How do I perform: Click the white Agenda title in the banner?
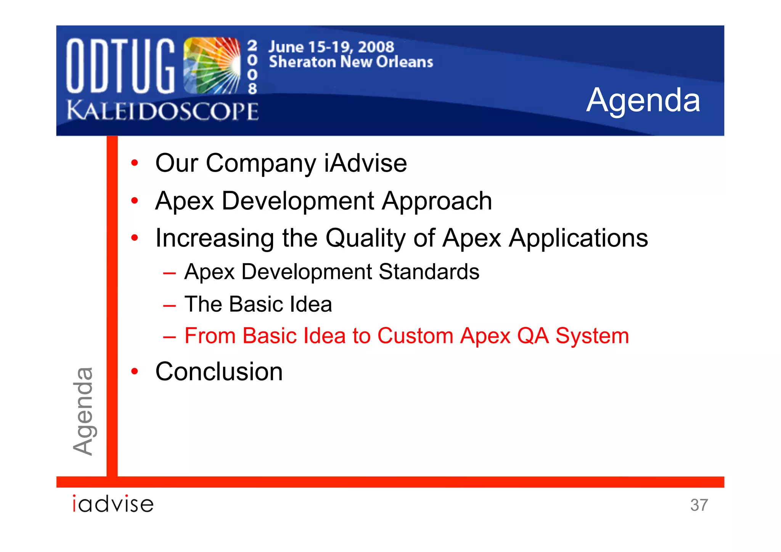(x=643, y=100)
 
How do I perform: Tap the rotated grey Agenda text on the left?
(x=83, y=411)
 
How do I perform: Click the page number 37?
(x=699, y=505)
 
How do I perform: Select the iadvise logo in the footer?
(x=113, y=504)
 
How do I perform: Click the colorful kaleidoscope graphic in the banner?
(x=212, y=66)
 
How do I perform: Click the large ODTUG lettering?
(x=120, y=66)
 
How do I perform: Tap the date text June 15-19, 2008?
(x=331, y=47)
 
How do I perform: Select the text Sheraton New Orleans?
(x=351, y=62)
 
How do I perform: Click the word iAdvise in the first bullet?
(x=365, y=163)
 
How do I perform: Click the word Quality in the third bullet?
(x=365, y=238)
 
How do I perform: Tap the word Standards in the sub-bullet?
(x=429, y=272)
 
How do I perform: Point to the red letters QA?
(x=533, y=336)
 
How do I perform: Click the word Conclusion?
(x=219, y=372)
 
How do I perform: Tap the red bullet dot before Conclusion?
(x=134, y=371)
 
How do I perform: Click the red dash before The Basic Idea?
(x=169, y=306)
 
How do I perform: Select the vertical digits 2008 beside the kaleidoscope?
(x=252, y=68)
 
